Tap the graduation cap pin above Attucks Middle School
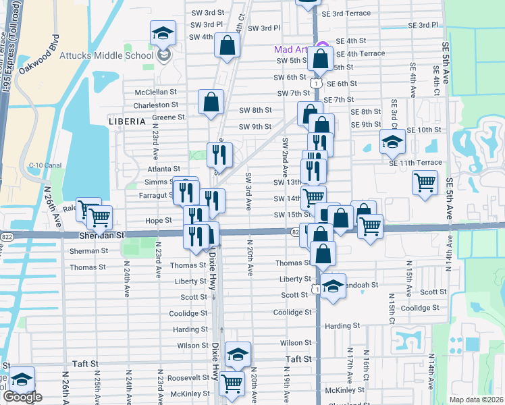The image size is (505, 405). click(162, 33)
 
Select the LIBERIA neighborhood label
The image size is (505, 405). click(126, 122)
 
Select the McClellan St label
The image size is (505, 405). click(155, 91)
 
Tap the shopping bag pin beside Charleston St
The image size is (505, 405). click(211, 103)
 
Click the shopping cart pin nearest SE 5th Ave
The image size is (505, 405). click(425, 182)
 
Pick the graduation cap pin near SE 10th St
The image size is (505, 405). click(392, 142)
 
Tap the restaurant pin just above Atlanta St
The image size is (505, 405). click(219, 155)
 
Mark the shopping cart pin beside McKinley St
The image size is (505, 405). click(232, 383)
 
